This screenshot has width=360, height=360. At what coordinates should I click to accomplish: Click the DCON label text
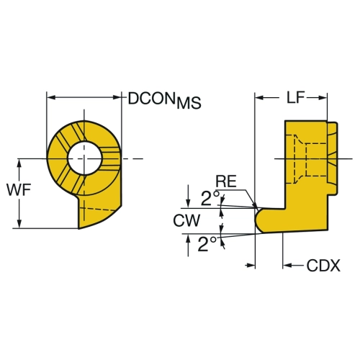click(x=151, y=99)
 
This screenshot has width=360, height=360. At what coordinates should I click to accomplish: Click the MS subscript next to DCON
click(x=189, y=103)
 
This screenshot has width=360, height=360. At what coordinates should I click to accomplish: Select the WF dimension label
click(x=19, y=190)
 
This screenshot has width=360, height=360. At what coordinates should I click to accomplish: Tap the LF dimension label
click(x=296, y=97)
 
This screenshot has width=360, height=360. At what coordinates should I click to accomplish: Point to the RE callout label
click(x=226, y=181)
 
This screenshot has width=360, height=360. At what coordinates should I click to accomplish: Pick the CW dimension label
click(x=186, y=220)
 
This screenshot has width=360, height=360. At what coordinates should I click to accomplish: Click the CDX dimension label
click(x=323, y=266)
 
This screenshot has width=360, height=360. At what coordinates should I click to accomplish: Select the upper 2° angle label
click(x=210, y=198)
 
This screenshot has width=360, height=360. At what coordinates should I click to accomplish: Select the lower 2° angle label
click(x=207, y=244)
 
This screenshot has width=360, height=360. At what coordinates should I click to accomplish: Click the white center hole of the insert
click(x=84, y=158)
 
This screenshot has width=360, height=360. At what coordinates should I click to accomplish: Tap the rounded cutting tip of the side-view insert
click(x=258, y=220)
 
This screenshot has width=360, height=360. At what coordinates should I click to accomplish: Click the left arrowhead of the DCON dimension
click(x=51, y=97)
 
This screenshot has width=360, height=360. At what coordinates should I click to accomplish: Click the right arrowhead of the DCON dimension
click(x=117, y=97)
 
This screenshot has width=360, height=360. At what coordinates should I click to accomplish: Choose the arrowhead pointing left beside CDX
click(x=287, y=265)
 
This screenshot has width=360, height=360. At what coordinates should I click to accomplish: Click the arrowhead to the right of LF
click(x=322, y=97)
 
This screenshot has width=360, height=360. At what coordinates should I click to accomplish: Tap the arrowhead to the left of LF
click(x=260, y=97)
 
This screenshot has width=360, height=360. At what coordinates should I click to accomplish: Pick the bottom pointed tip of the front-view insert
click(x=78, y=228)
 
